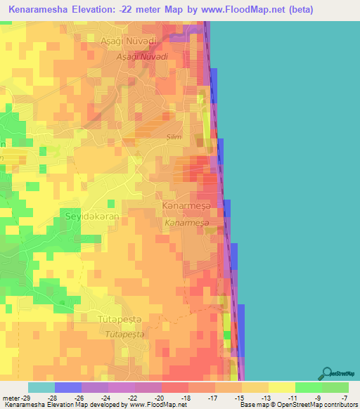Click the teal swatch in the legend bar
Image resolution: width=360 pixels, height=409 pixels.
pos(41,387)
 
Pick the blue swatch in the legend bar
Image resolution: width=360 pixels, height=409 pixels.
pos(67,387)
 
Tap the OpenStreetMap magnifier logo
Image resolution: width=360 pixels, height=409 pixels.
pos(327,373)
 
